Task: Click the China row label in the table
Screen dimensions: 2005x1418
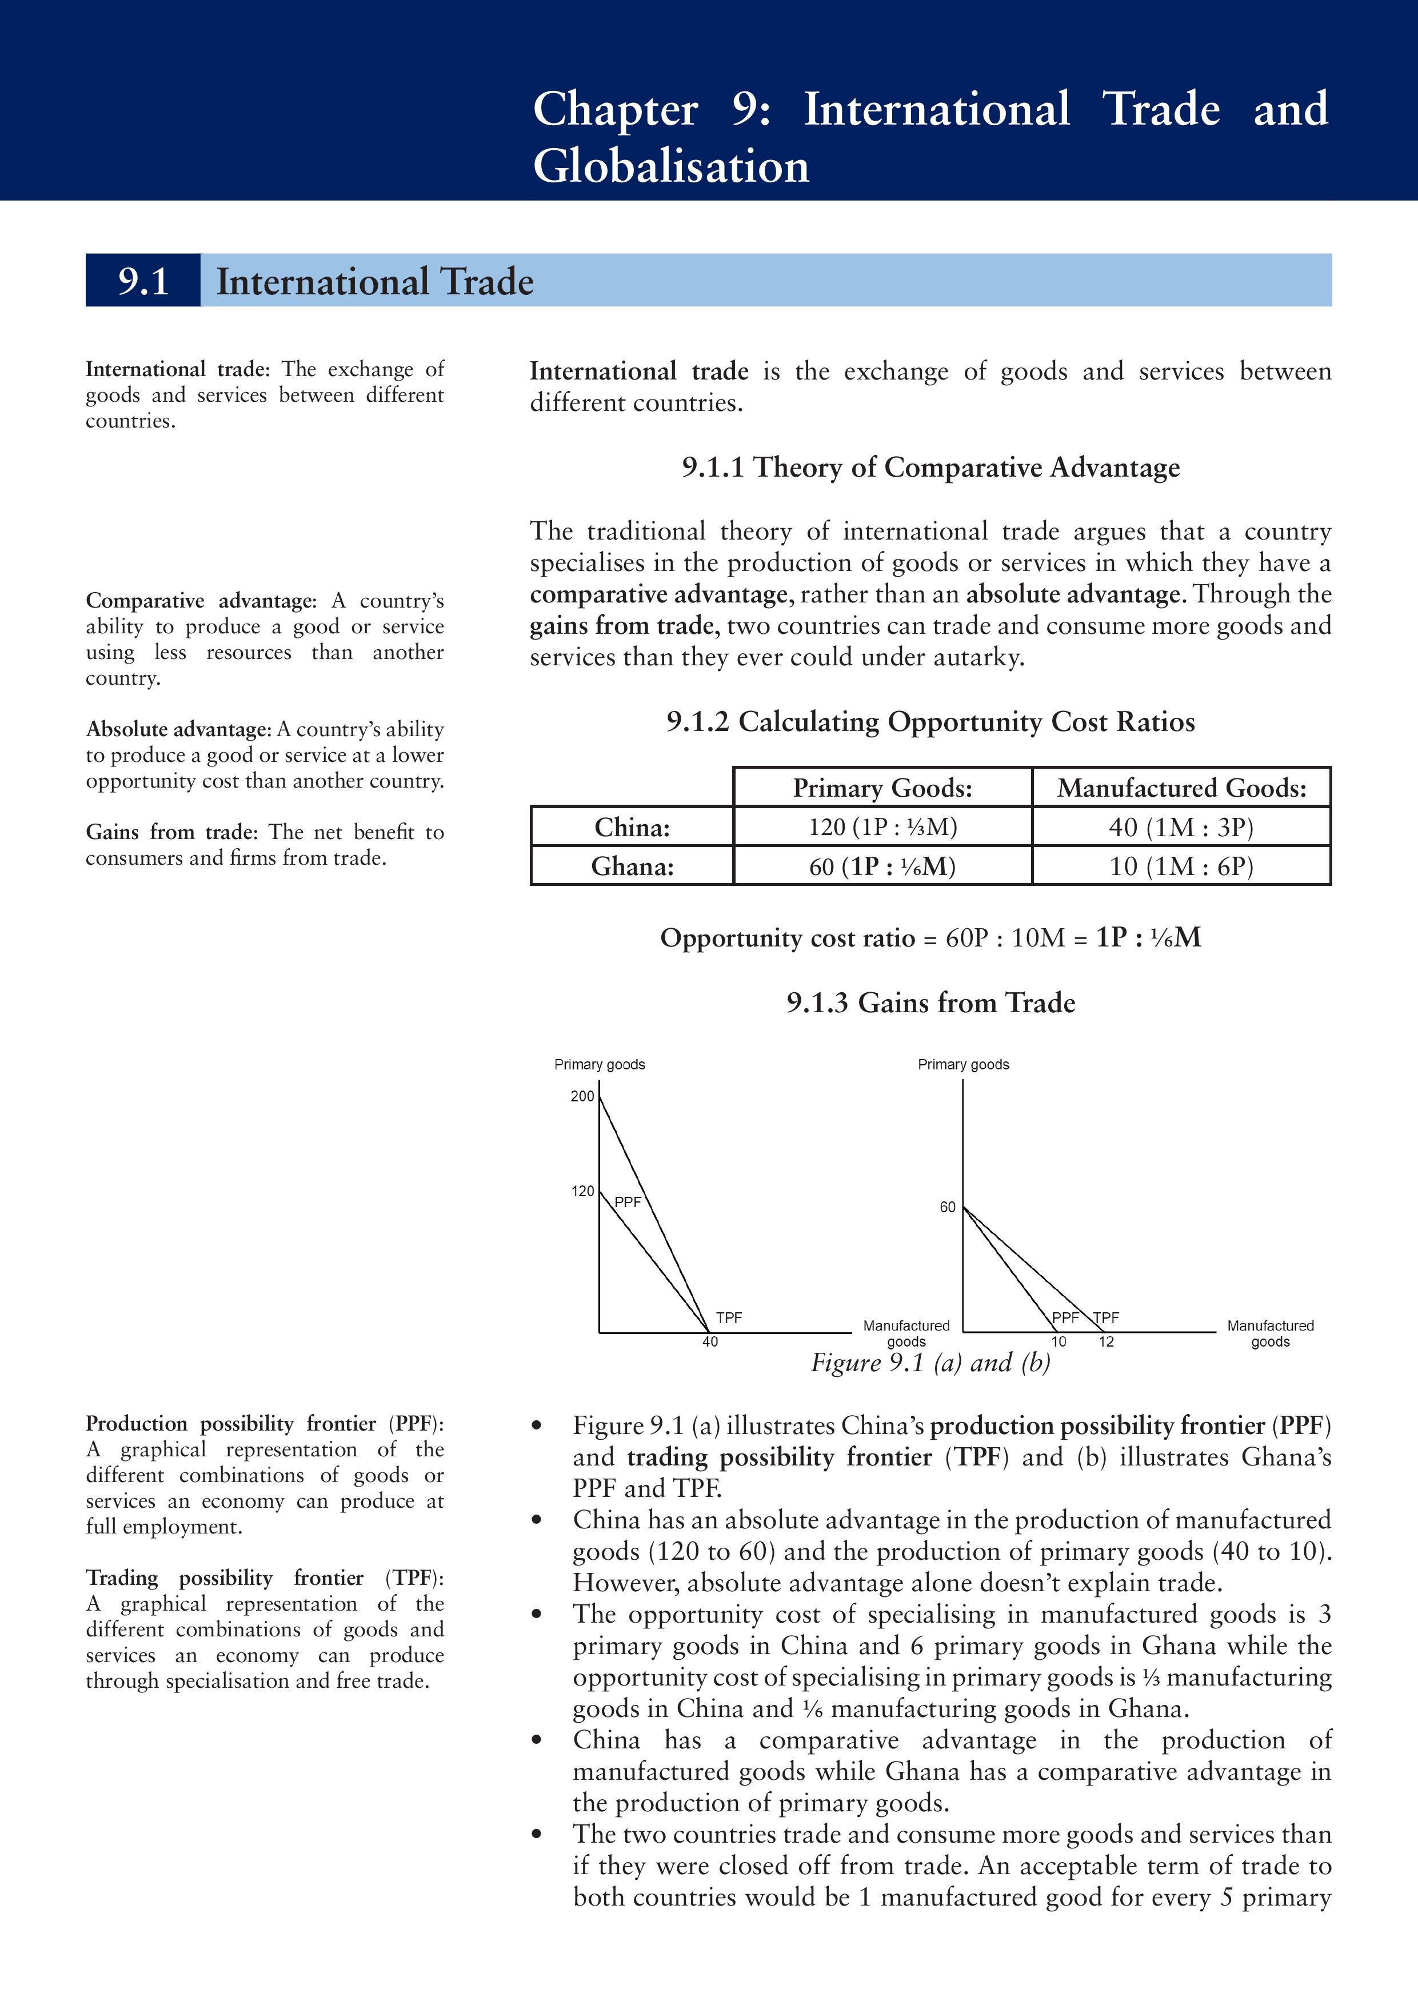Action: click(632, 827)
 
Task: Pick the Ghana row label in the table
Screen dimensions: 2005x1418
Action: click(632, 866)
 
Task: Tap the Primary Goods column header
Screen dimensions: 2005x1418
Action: click(882, 788)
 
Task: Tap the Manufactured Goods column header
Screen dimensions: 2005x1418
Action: click(1180, 788)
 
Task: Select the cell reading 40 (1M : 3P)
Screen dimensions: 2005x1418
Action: click(1180, 827)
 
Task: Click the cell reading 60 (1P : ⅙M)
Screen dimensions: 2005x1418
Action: click(882, 866)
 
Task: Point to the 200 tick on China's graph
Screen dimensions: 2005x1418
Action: click(582, 1096)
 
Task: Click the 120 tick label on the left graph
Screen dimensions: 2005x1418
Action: click(582, 1191)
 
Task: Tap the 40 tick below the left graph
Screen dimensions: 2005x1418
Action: click(710, 1341)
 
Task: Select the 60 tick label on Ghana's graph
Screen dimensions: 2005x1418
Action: click(948, 1207)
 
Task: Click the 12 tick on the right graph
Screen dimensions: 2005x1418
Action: click(1107, 1341)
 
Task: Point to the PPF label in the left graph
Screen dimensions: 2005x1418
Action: click(628, 1203)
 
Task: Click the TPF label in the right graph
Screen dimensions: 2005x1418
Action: click(1107, 1318)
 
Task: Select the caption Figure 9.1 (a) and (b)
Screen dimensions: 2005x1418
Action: click(930, 1363)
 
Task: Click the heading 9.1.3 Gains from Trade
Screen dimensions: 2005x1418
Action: click(930, 1002)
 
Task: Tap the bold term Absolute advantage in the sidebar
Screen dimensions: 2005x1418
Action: click(178, 729)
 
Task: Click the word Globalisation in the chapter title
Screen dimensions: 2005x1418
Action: click(670, 166)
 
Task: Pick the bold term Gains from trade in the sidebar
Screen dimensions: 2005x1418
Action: click(171, 832)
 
